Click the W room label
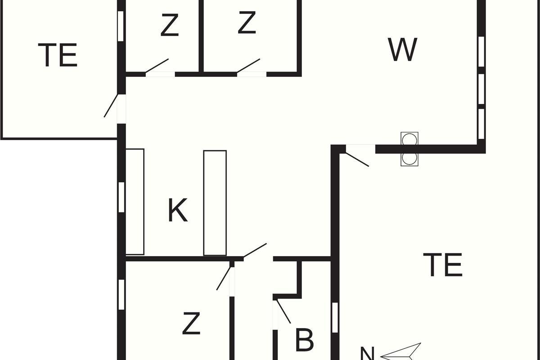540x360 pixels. tap(403, 50)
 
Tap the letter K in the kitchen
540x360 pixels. tap(178, 210)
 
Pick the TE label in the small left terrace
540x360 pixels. tap(58, 55)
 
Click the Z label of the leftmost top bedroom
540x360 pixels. tap(170, 26)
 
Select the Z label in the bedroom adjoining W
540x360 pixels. tap(247, 23)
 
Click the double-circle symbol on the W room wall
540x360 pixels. tap(409, 149)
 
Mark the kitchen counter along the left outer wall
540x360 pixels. tap(135, 202)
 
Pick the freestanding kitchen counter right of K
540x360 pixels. tap(215, 202)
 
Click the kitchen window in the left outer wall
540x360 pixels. tap(121, 197)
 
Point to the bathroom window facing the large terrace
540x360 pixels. tap(335, 318)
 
